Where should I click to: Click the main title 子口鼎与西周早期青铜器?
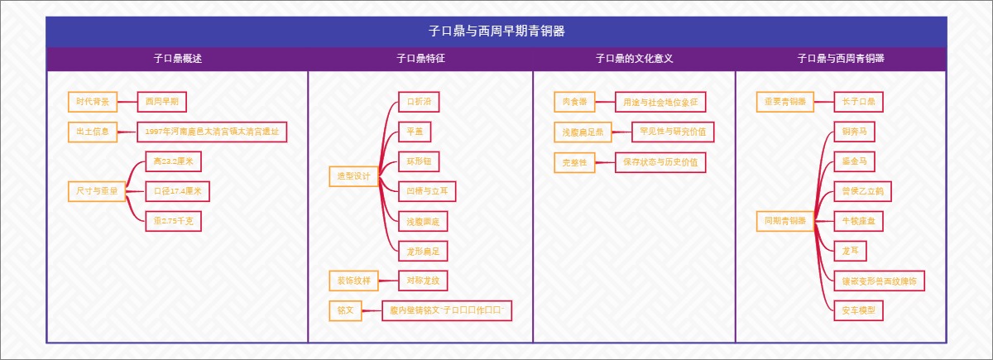[496, 31]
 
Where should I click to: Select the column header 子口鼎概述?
[177, 59]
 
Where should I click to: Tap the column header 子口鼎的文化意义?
[634, 59]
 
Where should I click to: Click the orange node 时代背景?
[92, 102]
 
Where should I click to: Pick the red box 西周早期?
[161, 102]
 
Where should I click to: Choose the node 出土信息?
[92, 132]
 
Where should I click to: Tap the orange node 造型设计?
[353, 176]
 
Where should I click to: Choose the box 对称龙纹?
[422, 281]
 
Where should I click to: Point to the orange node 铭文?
[345, 311]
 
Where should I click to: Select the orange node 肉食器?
[574, 102]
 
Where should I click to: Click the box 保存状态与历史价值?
[660, 162]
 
